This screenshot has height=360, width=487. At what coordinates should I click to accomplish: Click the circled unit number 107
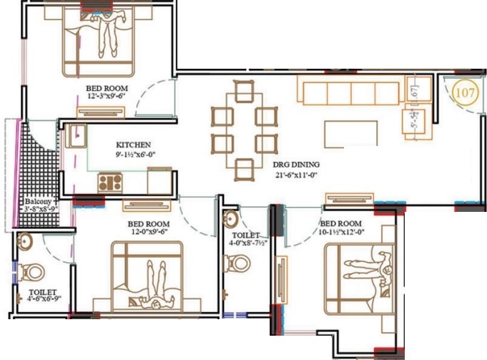point(465,92)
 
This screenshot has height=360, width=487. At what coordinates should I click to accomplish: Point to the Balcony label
point(38,202)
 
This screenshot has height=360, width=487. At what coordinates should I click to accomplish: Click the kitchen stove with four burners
point(112,182)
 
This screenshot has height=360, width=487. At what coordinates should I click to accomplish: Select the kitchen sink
point(77,135)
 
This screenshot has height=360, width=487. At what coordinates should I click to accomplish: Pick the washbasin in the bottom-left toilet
point(26,240)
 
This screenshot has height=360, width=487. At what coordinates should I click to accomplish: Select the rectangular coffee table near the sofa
point(351,133)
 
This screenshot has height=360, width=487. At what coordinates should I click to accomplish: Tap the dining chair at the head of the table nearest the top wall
point(243,91)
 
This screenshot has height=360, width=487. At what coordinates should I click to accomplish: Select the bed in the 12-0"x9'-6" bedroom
point(147,275)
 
